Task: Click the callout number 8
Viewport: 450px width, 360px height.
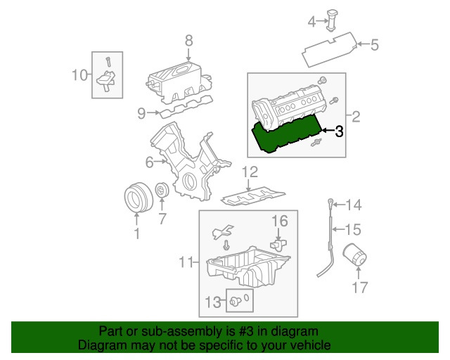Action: pyautogui.click(x=188, y=40)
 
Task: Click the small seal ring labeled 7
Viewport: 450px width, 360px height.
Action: pyautogui.click(x=161, y=191)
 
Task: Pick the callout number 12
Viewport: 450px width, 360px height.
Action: pyautogui.click(x=251, y=172)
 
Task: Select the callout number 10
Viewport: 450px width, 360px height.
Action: pyautogui.click(x=79, y=75)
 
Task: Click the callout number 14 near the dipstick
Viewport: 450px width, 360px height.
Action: pyautogui.click(x=353, y=205)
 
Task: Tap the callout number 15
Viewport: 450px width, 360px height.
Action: pyautogui.click(x=353, y=229)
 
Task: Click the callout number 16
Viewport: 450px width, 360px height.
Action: pyautogui.click(x=280, y=221)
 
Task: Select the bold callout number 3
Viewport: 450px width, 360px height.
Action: pyautogui.click(x=338, y=131)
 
